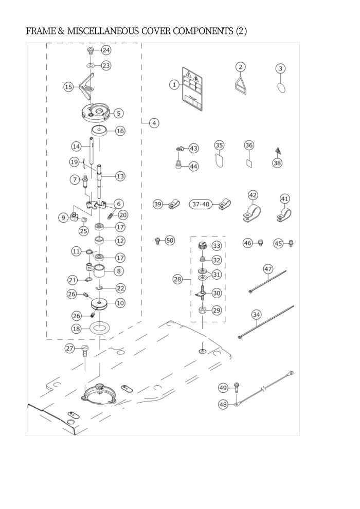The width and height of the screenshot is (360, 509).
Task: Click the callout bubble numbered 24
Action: coord(106,50)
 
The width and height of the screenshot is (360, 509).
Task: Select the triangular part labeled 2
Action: coord(241,84)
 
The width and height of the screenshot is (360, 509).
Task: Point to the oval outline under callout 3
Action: coord(281,87)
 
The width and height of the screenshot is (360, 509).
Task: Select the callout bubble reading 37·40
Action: coord(201,204)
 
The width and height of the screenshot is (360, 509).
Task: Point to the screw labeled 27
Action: coord(85,351)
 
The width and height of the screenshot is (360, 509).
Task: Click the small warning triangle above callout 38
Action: coord(278,150)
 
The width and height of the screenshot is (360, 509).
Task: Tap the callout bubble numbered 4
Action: coord(154,123)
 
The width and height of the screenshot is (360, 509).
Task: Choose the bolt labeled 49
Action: coord(237,388)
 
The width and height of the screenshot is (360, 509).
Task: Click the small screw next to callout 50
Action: coord(158,241)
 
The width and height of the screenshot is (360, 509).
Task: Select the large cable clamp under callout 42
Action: coord(252,213)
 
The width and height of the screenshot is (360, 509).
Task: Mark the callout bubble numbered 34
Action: coord(257,315)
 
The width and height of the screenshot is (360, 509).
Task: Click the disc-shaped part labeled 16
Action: coord(99,131)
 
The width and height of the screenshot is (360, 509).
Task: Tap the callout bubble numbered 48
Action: coord(223,405)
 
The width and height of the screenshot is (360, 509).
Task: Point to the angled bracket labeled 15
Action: coord(85,87)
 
